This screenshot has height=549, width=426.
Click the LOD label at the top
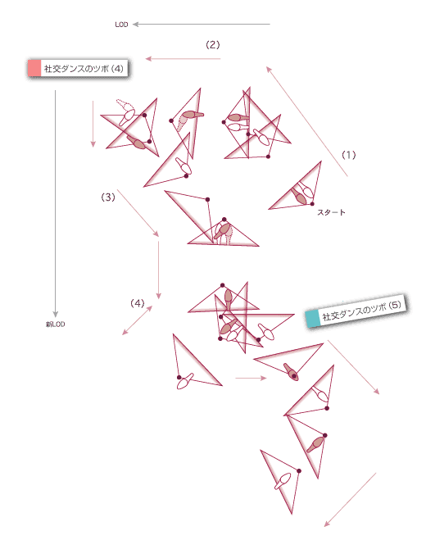[121, 25]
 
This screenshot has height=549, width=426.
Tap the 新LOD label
[56, 324]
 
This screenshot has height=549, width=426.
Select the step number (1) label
[349, 155]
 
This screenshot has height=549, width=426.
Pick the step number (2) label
[212, 45]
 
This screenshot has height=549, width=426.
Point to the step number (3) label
[108, 197]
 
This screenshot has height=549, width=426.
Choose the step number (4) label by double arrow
[137, 303]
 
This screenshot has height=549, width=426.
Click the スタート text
[331, 212]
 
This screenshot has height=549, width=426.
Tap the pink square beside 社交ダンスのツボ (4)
[34, 68]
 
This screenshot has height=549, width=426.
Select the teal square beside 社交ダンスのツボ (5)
[313, 318]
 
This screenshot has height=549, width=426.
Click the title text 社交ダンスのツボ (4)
[84, 68]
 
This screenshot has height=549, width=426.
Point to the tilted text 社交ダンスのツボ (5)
[361, 311]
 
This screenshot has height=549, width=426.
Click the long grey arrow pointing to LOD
[202, 24]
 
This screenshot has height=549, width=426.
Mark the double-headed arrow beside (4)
[137, 320]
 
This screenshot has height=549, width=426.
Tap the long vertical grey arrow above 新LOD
[55, 204]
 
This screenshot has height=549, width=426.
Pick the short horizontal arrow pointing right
[251, 378]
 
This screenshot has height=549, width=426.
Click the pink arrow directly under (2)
[183, 58]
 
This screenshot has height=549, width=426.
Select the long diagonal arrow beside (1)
[307, 121]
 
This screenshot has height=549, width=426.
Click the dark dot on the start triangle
[312, 204]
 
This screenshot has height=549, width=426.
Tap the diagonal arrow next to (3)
[138, 213]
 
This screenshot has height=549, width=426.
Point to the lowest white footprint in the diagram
[283, 482]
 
